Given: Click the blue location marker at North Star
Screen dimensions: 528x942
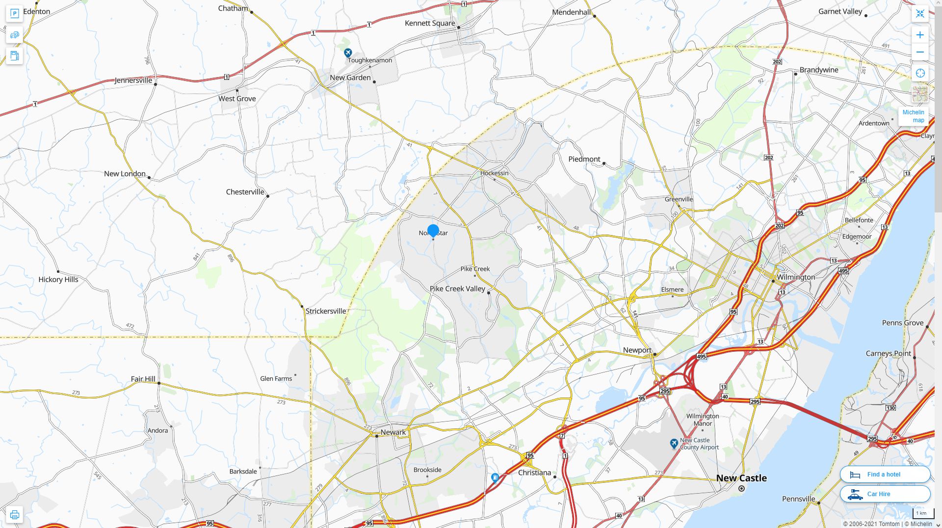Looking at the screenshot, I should tap(433, 230).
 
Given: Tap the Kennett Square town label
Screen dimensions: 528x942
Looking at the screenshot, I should tap(430, 23).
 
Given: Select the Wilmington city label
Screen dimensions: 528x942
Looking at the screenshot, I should tap(796, 277).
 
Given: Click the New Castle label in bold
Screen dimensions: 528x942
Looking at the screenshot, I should tap(741, 478).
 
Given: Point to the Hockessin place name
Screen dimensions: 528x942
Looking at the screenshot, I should tap(494, 173).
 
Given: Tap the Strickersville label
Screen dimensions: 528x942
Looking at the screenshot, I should tap(326, 311).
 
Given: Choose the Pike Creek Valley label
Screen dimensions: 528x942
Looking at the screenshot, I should tap(457, 289).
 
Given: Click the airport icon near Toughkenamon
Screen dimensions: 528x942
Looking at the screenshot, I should tap(348, 53).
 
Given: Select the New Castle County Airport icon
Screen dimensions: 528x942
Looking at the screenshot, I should tap(674, 443).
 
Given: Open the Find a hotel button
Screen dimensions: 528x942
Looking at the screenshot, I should tap(885, 475).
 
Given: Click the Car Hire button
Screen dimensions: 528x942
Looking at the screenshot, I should tap(885, 494).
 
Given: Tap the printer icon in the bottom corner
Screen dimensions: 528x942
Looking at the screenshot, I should tap(14, 514).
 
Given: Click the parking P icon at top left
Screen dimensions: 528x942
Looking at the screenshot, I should tap(14, 13).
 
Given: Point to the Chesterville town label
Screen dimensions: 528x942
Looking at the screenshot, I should tap(245, 192).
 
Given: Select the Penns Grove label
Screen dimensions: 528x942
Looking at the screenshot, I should tap(902, 323).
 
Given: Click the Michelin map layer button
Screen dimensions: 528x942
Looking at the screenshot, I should tap(913, 116).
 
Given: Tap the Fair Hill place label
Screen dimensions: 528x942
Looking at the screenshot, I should tap(143, 379).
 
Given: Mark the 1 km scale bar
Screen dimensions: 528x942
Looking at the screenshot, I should tap(921, 514).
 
